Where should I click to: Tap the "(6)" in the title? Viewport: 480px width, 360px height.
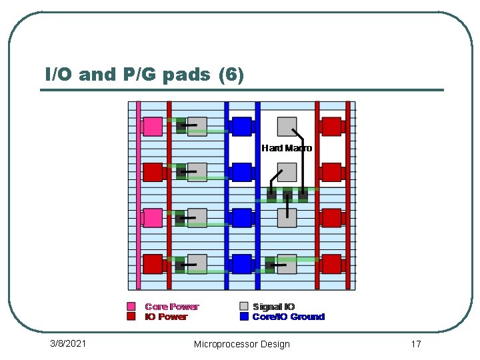click(x=231, y=75)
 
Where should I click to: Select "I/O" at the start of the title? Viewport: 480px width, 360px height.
click(x=59, y=75)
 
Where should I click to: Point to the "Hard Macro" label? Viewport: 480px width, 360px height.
click(x=287, y=148)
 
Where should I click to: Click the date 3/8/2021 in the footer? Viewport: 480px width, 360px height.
click(x=68, y=343)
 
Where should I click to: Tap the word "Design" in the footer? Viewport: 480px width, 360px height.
click(x=276, y=344)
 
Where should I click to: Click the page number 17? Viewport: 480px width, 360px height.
click(x=416, y=344)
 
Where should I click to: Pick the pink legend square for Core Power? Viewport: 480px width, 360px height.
click(x=131, y=307)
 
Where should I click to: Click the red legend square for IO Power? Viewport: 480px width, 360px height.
click(x=131, y=317)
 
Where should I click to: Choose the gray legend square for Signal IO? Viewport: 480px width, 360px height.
click(x=244, y=307)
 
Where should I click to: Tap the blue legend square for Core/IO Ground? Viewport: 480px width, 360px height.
click(x=244, y=317)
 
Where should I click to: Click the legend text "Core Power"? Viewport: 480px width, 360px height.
click(x=172, y=307)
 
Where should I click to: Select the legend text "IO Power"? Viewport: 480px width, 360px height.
click(x=167, y=317)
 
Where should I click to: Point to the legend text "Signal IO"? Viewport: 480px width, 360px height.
click(x=273, y=307)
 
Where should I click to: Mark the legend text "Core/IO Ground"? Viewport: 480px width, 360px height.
click(x=288, y=317)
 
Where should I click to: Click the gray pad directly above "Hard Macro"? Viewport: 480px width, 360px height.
click(x=287, y=126)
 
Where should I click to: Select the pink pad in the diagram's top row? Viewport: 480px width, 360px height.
click(x=153, y=126)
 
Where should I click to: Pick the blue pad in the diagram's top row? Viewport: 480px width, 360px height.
click(x=241, y=126)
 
